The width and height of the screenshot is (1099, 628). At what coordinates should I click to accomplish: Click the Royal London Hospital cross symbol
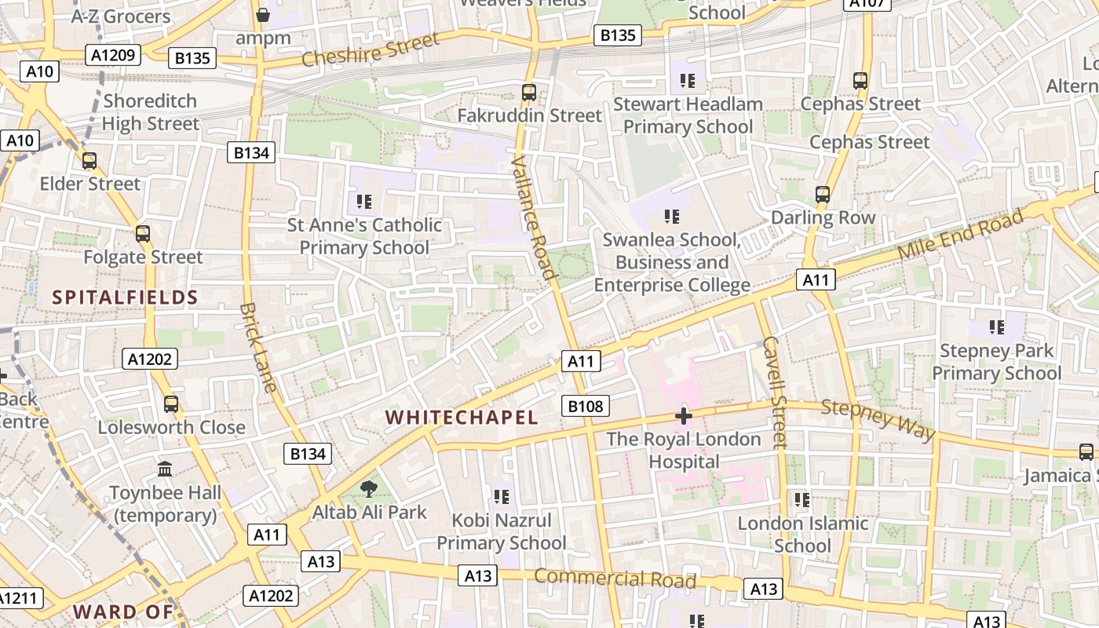pos(684,415)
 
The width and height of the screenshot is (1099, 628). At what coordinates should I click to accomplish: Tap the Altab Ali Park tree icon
pos(368,490)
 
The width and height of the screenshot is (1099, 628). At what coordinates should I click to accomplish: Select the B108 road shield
pos(586,406)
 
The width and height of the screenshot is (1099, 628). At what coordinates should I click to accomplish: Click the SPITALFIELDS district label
pos(125,298)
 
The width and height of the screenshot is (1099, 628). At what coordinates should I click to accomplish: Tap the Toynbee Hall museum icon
pos(165,469)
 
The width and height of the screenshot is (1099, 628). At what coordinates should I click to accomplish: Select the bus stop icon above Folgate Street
pos(142,233)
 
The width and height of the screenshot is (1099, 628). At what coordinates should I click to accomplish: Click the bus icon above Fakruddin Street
pos(529,92)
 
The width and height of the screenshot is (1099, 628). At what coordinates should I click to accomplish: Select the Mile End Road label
pos(961,235)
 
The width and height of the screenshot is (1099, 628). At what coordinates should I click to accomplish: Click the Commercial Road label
pos(615,579)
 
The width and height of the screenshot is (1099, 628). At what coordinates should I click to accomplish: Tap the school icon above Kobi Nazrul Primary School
pos(502,497)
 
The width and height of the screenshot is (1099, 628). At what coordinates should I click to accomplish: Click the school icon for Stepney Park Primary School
pos(997,327)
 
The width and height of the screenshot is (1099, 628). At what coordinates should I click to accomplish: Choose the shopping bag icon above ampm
pos(263,15)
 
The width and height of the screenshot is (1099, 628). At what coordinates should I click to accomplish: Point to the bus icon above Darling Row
pos(822,194)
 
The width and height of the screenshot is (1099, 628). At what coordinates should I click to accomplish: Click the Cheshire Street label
pos(369,51)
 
